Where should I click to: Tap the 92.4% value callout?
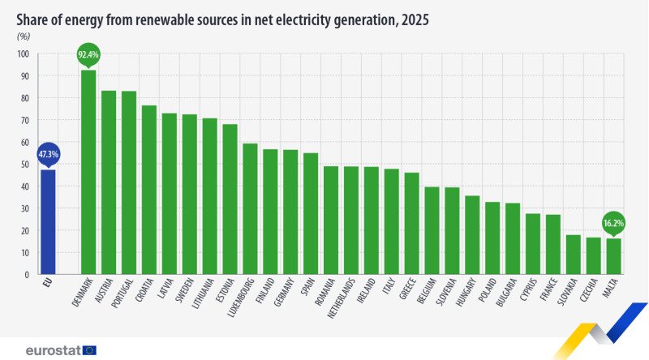tap(88, 55)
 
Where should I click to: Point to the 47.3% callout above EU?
tap(48, 154)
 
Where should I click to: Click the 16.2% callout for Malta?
tap(613, 222)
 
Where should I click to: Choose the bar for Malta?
tap(613, 256)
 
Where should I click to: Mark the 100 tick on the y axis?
tap(23, 54)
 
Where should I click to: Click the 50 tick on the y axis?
tap(24, 165)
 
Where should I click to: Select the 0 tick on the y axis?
tap(27, 275)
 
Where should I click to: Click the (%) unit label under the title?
tap(24, 36)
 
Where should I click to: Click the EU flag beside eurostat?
tap(89, 350)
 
